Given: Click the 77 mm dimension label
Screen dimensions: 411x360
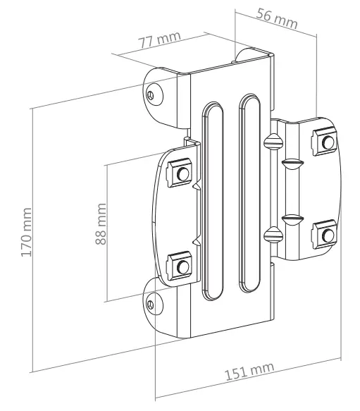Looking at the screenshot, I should pyautogui.click(x=159, y=40).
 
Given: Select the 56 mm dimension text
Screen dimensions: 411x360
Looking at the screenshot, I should pyautogui.click(x=275, y=20).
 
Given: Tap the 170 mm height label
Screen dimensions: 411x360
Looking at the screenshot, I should pyautogui.click(x=27, y=232).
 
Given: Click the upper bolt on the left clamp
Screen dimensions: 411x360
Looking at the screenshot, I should pyautogui.click(x=182, y=173).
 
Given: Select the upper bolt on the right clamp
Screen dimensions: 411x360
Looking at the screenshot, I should pyautogui.click(x=326, y=142).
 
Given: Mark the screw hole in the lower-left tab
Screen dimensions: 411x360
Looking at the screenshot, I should pyautogui.click(x=151, y=302).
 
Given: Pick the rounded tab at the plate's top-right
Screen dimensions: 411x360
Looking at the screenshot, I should pyautogui.click(x=247, y=54).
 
